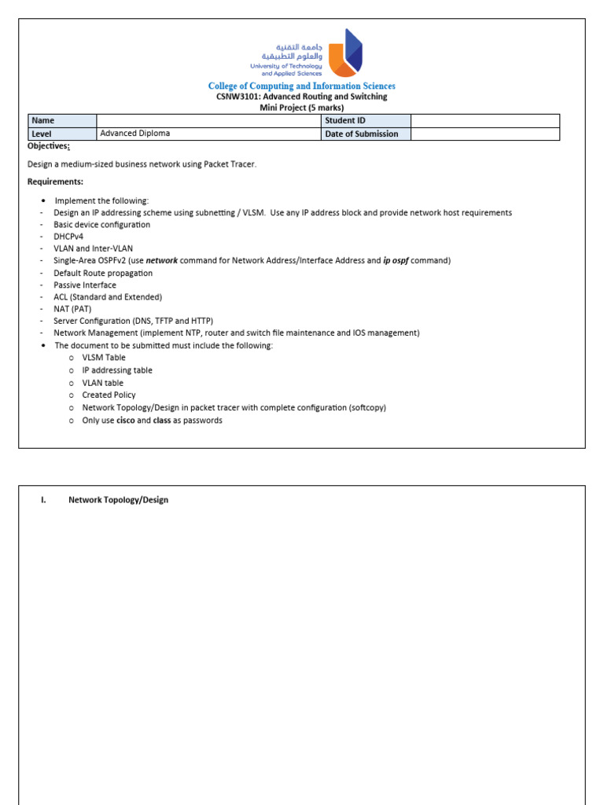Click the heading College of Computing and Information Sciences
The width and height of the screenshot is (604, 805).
pos(301,86)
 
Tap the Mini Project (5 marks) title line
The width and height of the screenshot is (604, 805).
pos(301,108)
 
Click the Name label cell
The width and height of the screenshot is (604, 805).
pos(61,121)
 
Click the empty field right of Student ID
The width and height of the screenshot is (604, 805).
pos(484,121)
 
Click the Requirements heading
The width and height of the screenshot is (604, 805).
pos(55,182)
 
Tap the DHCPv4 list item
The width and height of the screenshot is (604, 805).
pos(68,237)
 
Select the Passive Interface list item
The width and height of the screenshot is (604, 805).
pos(84,285)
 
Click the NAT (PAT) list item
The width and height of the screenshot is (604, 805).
pos(72,309)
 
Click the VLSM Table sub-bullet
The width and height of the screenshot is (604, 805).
pos(103,358)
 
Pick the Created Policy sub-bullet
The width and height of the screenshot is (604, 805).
pos(109,395)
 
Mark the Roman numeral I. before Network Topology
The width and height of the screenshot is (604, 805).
pos(44,500)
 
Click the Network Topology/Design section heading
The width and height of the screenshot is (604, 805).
pos(118,500)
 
